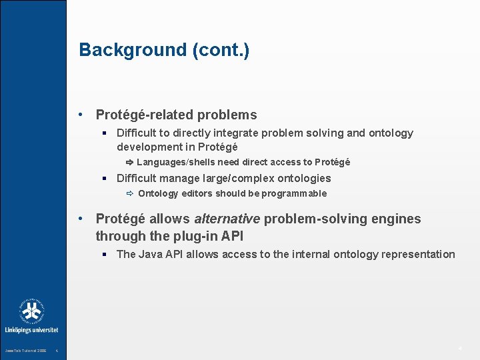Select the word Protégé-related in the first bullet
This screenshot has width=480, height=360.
pos(149,115)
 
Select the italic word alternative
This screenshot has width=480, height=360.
pos(227,219)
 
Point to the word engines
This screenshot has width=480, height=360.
pos(398,219)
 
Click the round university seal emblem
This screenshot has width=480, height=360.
pos(32,311)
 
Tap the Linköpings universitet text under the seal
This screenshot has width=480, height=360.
pos(32,329)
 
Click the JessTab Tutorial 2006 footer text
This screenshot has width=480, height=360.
pos(25,351)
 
